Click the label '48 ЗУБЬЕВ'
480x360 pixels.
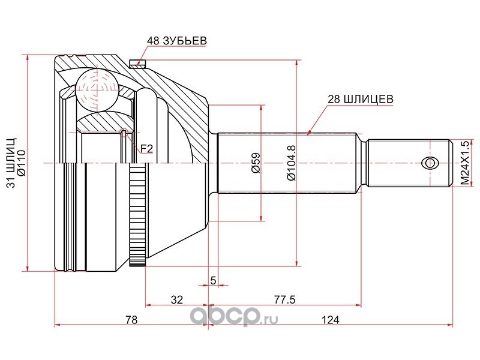tap(176, 41)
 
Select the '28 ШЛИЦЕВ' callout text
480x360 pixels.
tap(360, 99)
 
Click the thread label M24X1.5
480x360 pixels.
tap(464, 163)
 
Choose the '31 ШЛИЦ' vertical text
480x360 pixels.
tap(11, 163)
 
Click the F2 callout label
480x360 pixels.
tap(146, 149)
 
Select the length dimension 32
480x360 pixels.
tap(176, 299)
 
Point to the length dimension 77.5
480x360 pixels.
tap(284, 299)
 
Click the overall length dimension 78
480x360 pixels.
tap(131, 320)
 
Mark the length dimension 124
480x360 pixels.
tap(331, 320)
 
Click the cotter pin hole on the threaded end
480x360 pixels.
tap(430, 163)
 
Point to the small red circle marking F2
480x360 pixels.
tap(124, 133)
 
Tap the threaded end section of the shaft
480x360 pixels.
tap(410, 163)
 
